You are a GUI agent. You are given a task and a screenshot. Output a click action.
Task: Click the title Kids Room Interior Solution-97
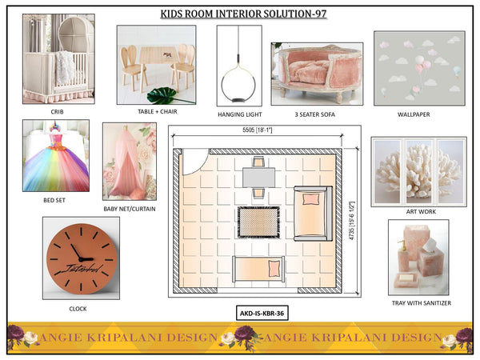pyautogui.click(x=240, y=14)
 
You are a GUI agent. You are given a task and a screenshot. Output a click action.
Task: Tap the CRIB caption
pyautogui.click(x=58, y=112)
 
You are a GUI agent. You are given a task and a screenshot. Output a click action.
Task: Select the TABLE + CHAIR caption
pyautogui.click(x=156, y=112)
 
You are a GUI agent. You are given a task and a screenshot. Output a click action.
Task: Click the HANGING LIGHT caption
pyautogui.click(x=238, y=114)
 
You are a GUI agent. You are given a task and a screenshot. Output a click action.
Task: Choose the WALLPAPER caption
pyautogui.click(x=414, y=114)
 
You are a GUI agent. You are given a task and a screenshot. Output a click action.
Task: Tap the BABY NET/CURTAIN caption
pyautogui.click(x=130, y=209)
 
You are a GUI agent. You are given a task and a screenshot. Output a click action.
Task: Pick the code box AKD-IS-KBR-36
pyautogui.click(x=262, y=313)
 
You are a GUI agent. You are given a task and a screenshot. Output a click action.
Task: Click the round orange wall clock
pyautogui.click(x=81, y=258)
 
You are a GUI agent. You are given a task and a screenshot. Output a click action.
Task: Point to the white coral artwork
pyautogui.click(x=418, y=171)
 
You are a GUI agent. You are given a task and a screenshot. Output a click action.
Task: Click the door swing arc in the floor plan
pyautogui.click(x=195, y=163)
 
